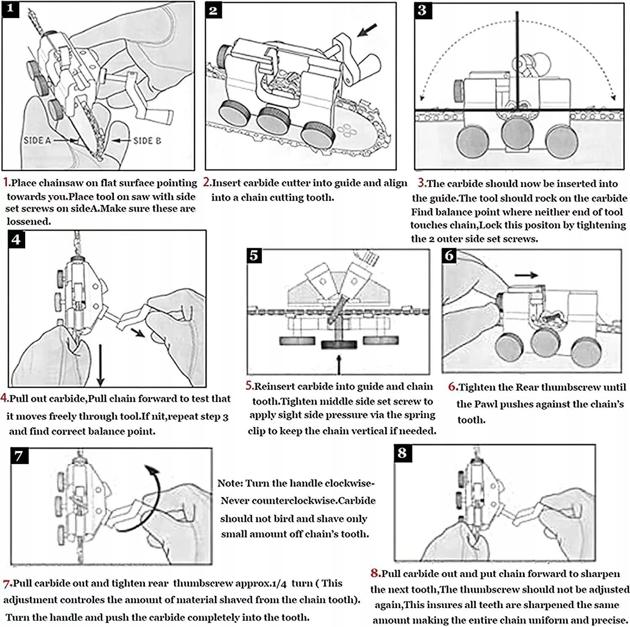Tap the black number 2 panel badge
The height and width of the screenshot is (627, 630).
[x=213, y=10]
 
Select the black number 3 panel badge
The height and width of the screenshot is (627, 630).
[x=422, y=10]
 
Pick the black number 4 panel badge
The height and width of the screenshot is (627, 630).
[x=16, y=239]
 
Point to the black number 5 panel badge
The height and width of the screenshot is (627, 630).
[x=254, y=255]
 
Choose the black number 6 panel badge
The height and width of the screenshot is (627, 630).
[x=449, y=255]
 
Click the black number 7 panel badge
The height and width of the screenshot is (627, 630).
[x=19, y=456]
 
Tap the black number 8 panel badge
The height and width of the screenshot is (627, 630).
[x=402, y=453]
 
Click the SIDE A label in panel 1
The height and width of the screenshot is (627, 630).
[x=37, y=140]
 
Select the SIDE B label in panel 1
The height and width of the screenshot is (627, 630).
[x=147, y=140]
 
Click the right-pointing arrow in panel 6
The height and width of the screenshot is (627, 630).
[x=526, y=275]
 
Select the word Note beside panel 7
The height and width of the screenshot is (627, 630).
[x=230, y=483]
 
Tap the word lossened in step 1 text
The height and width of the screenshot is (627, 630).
[x=29, y=221]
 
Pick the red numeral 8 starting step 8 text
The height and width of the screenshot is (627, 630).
[x=375, y=573]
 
